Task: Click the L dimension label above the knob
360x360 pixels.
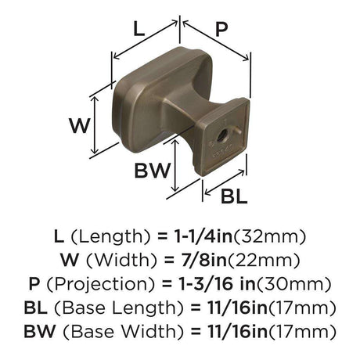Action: tap(139, 29)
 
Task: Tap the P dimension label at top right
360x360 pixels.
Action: tap(221, 29)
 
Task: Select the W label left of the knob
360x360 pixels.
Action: tap(80, 126)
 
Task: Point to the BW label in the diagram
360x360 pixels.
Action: tap(152, 171)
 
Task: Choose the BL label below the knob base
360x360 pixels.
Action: tap(234, 196)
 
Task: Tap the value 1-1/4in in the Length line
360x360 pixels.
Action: tap(203, 236)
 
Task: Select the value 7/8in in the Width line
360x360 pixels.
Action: tap(204, 260)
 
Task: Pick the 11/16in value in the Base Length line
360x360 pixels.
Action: tap(238, 308)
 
